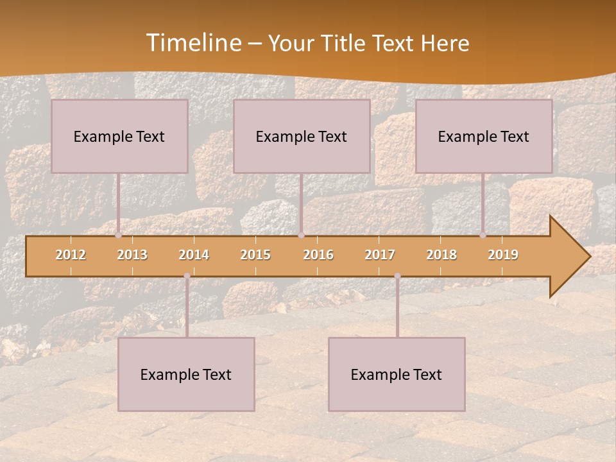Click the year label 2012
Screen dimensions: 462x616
click(x=71, y=255)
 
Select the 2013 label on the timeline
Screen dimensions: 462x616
click(x=132, y=255)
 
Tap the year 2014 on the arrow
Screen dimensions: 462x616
click(x=194, y=255)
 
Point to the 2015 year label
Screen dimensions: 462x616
click(x=255, y=255)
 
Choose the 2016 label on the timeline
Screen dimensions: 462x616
click(x=318, y=255)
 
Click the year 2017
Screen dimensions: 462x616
click(x=380, y=255)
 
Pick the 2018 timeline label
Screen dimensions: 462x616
click(x=441, y=255)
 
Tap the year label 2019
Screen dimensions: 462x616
click(x=503, y=255)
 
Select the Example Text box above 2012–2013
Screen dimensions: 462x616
click(x=119, y=136)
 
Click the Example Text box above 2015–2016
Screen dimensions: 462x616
click(x=302, y=136)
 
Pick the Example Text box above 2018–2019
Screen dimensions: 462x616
click(x=484, y=136)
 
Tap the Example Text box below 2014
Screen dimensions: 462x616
click(x=186, y=374)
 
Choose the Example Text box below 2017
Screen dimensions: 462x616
click(x=397, y=374)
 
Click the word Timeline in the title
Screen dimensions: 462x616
click(x=193, y=43)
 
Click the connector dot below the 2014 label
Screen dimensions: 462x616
click(x=187, y=276)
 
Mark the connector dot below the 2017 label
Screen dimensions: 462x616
click(x=397, y=276)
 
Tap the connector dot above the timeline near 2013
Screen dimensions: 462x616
click(x=118, y=235)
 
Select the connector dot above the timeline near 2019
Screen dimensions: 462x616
click(x=483, y=235)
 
